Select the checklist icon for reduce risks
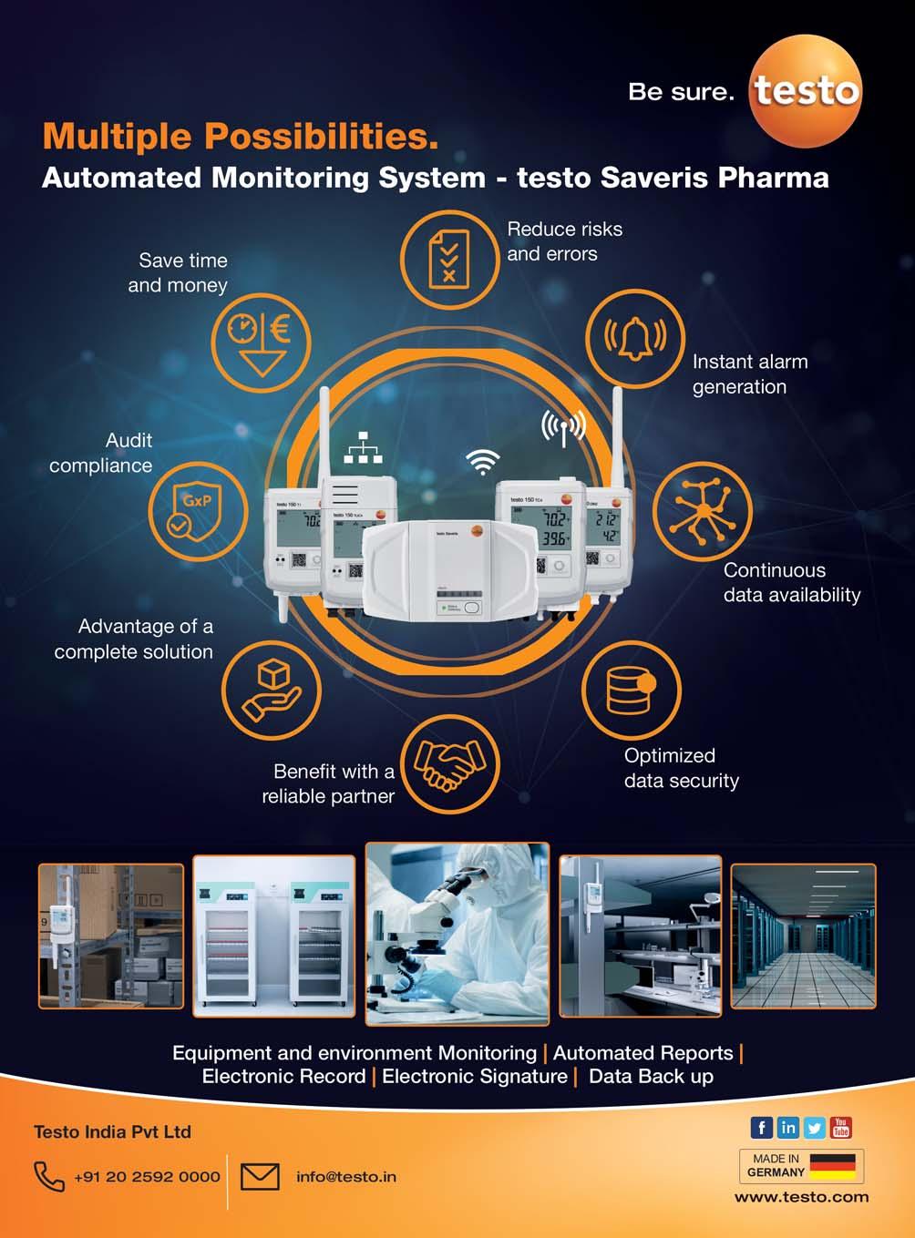point(449,258)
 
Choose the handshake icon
point(450,763)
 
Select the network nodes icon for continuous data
point(702,511)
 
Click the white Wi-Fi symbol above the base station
point(483,462)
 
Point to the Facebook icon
point(761,1128)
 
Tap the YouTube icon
point(841,1128)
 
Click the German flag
point(833,1165)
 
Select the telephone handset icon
point(48,1176)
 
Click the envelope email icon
point(260,1176)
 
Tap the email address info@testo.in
point(346,1177)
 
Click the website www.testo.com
point(801,1197)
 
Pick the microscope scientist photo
point(457,933)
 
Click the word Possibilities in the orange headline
point(320,137)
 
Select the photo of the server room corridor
point(803,936)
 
